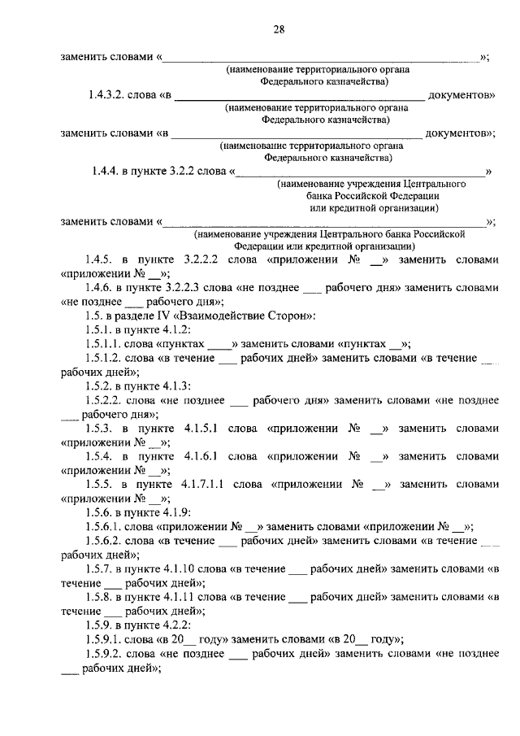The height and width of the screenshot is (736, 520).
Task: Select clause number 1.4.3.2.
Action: (x=114, y=95)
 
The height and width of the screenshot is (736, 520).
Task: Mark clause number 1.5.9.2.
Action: (x=103, y=652)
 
